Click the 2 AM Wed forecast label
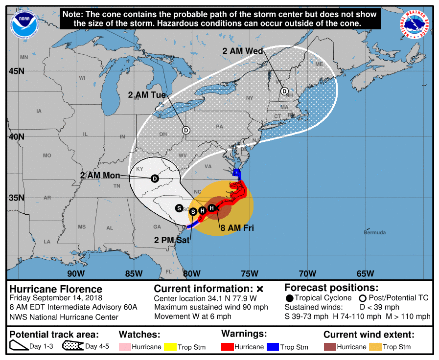pos(243,51)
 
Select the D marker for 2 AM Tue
pos(186,130)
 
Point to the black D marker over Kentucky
pos(155,179)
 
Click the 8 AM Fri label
pos(237,227)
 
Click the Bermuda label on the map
pos(374,232)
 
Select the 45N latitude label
pos(16,71)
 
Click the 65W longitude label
pos(365,273)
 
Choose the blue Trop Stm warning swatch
pos(274,347)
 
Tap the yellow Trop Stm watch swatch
pos(171,347)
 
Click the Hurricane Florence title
pos(56,289)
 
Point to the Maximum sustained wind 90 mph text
pos(211,308)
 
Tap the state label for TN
pos(116,186)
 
